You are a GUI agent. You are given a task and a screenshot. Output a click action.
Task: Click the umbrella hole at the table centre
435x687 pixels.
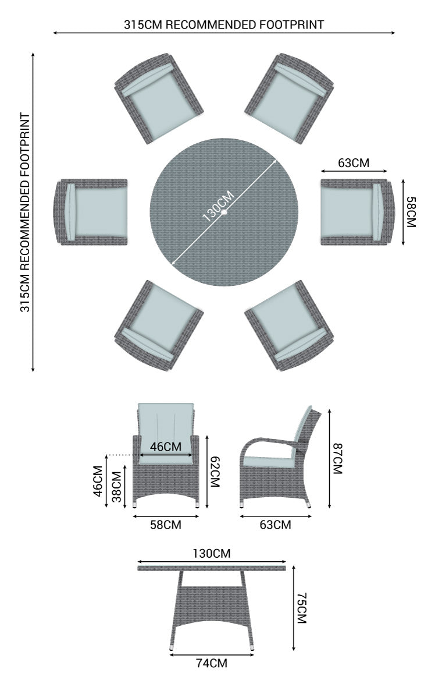click(x=224, y=212)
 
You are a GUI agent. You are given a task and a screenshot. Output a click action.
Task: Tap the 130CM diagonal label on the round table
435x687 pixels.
click(x=219, y=207)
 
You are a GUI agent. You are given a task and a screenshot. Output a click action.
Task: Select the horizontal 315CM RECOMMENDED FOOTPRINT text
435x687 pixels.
click(x=224, y=24)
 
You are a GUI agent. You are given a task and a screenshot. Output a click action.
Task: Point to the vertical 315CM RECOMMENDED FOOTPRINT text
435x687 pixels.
click(x=26, y=213)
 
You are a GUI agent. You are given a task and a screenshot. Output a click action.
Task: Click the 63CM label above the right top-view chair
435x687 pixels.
click(x=354, y=163)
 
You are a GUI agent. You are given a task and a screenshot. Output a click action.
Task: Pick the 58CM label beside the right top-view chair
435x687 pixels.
click(x=411, y=212)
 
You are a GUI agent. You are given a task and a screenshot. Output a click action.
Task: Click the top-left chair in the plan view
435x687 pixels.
click(x=159, y=98)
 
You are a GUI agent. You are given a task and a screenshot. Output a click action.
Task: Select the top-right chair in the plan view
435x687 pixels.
click(x=289, y=98)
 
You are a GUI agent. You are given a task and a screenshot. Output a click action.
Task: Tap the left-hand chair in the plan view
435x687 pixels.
click(x=91, y=212)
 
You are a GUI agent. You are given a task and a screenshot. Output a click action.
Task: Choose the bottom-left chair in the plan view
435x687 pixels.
click(x=159, y=325)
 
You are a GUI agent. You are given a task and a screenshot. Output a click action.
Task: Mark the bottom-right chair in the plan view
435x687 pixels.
click(x=289, y=325)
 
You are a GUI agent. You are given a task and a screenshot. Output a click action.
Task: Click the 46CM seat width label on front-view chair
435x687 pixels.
click(x=166, y=447)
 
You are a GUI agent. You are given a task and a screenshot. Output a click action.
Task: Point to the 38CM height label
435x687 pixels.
click(x=116, y=486)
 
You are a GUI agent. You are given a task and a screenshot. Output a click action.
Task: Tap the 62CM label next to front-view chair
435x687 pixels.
click(x=215, y=472)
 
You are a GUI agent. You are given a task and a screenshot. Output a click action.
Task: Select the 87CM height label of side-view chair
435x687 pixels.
click(x=337, y=458)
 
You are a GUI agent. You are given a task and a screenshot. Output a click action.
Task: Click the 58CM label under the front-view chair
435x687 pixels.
click(x=166, y=525)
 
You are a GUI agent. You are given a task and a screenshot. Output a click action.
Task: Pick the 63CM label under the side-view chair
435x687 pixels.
click(x=275, y=525)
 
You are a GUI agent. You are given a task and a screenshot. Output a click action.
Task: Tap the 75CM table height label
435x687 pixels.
click(x=302, y=608)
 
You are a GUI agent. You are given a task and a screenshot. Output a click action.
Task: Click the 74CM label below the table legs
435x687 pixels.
click(x=212, y=663)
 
